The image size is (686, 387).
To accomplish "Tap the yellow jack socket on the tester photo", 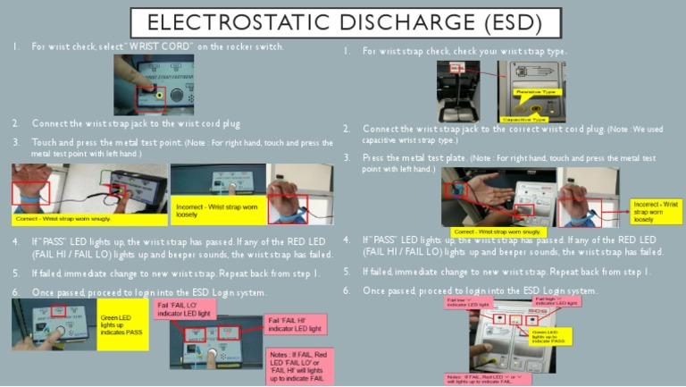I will click(159, 93).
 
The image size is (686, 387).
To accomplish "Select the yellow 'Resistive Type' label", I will click(536, 92).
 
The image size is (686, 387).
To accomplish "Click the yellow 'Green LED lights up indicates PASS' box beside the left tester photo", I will click(121, 324).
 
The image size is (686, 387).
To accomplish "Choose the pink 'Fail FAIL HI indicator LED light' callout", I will click(297, 324).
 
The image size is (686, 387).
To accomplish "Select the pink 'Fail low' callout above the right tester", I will click(470, 302).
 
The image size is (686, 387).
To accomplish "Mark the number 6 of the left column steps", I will click(15, 292).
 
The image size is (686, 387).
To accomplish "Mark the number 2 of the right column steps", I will click(347, 130).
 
